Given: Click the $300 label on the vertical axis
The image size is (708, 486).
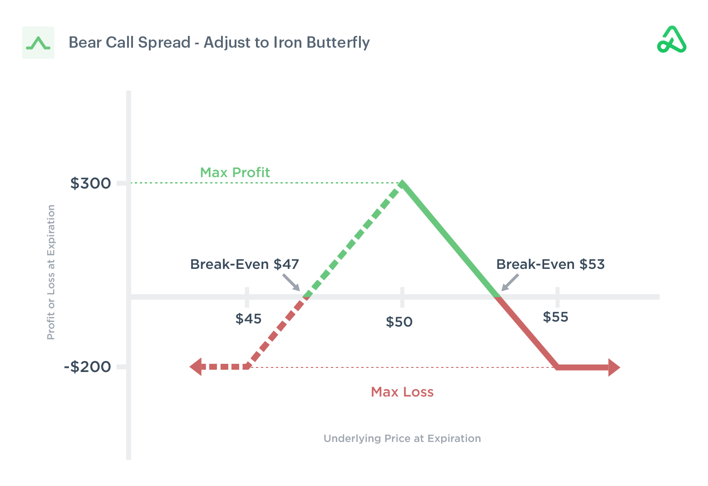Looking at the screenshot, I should pos(90,183).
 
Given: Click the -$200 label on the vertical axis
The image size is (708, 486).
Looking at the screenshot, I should pos(88,367).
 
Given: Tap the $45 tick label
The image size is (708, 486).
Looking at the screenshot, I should pos(248,319).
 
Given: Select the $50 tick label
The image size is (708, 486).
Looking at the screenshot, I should pos(399,322).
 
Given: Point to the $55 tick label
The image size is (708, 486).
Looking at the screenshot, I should pos(556,317).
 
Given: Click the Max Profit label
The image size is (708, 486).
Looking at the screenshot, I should pos(235,173).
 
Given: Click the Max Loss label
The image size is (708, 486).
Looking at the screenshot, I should pos(402,392).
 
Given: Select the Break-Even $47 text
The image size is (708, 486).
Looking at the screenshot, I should pos(244,264).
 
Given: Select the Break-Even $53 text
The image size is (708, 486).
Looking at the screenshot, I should pos(550,264).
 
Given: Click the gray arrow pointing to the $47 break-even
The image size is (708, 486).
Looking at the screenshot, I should pos(291,282).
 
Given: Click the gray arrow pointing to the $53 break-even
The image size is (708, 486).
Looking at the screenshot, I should pos(510,282).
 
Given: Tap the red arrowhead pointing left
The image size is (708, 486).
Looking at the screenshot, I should pos(196,367).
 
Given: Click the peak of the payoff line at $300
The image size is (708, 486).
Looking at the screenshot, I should pos(402,183).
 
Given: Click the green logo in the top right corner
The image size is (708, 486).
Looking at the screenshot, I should pos(672,40).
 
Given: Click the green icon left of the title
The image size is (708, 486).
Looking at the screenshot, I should pos(38,43).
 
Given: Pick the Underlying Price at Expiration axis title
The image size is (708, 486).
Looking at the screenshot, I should pos(402,438).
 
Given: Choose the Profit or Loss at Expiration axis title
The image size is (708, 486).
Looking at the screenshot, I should pos(51,272).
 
